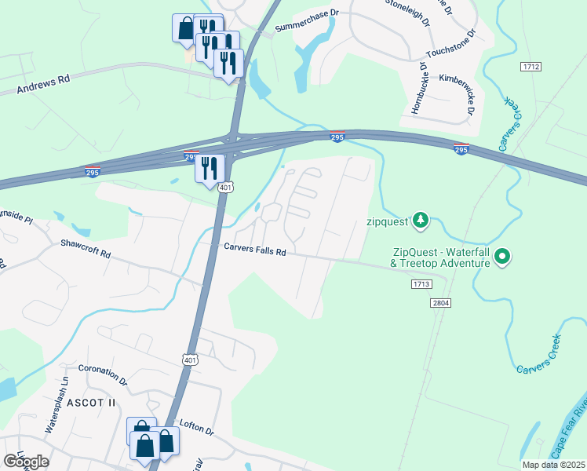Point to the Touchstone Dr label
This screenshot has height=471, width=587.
click(450, 45)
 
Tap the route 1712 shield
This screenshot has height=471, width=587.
click(530, 67)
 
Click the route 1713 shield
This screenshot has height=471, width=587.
click(421, 285)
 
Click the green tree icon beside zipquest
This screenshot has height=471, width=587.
click(422, 220)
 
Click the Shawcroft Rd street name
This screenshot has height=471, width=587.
click(86, 250)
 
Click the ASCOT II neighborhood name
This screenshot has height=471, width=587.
click(91, 402)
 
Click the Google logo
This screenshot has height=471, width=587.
click(26, 461)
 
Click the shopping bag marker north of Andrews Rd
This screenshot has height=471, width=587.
click(184, 27)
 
